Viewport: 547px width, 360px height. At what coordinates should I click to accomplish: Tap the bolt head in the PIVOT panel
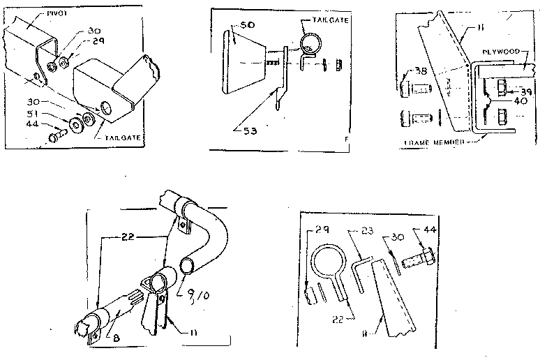tap(53, 137)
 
